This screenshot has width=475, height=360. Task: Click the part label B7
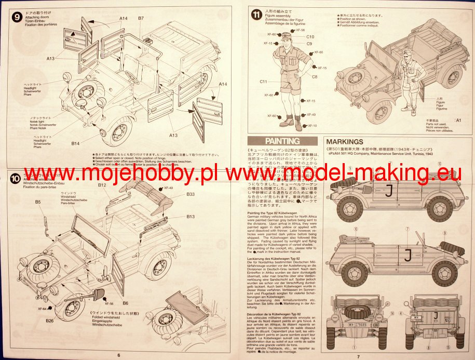pyautogui.click(x=141, y=19)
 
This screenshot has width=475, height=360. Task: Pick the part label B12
pyautogui.click(x=102, y=185)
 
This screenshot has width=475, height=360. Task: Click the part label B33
pyautogui.click(x=191, y=194)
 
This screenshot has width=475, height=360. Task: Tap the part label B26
pyautogui.click(x=50, y=321)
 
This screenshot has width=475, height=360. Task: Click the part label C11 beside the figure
pyautogui.click(x=264, y=82)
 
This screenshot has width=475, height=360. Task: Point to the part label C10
pyautogui.click(x=310, y=37)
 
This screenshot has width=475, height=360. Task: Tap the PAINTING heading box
pyautogui.click(x=282, y=141)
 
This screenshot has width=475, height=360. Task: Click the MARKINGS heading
pyautogui.click(x=345, y=141)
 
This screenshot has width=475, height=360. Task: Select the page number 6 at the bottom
pyautogui.click(x=118, y=355)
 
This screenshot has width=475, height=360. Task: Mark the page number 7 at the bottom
pyautogui.click(x=357, y=355)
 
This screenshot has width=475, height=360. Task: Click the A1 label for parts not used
pyautogui.click(x=458, y=120)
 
